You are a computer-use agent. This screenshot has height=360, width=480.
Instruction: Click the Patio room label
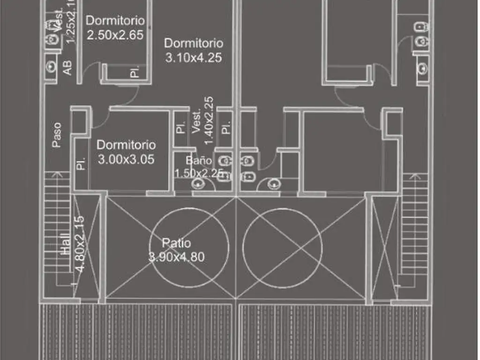(x=176, y=243)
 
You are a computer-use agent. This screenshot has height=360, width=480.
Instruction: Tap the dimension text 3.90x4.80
(x=176, y=257)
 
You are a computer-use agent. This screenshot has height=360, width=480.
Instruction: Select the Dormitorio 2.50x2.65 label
(x=115, y=28)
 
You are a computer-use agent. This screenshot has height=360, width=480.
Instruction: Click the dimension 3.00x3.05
(x=126, y=159)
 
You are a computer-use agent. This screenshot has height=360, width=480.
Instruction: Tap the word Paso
(x=57, y=135)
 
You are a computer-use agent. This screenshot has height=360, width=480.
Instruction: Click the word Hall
(x=66, y=245)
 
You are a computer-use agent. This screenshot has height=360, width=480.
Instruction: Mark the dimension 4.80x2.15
(x=80, y=244)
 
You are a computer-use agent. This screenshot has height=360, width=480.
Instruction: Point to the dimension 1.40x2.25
(x=209, y=120)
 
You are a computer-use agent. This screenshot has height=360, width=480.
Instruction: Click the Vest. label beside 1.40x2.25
(x=196, y=122)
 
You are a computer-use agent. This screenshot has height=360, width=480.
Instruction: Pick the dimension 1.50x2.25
(x=199, y=173)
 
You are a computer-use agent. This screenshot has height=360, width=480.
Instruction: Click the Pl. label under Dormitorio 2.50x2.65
(x=135, y=72)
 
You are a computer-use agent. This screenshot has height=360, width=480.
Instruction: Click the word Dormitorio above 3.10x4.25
(x=193, y=43)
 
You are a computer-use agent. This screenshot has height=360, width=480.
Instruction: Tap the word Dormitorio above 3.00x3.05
(x=126, y=144)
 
